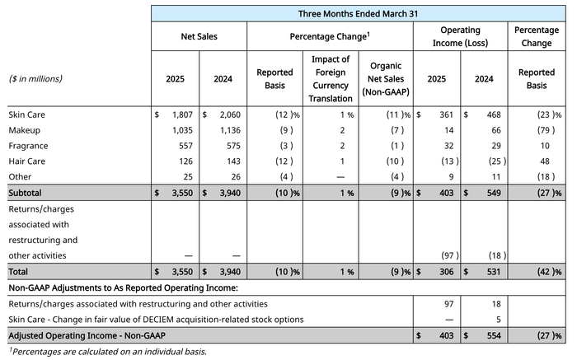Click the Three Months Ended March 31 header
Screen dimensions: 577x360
tap(358, 14)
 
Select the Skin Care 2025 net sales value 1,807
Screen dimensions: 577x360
tap(182, 115)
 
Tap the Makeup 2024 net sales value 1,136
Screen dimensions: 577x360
tap(230, 130)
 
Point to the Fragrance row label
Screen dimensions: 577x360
tap(28, 146)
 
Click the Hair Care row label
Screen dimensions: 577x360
tap(27, 161)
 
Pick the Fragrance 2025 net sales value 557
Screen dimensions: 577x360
tap(185, 146)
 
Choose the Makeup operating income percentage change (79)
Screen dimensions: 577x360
tap(546, 130)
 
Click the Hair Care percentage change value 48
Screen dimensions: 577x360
tap(545, 161)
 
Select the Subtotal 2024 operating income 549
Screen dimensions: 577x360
tap(494, 193)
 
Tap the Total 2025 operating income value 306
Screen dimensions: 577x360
tap(447, 272)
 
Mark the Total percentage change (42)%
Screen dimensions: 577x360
tap(549, 272)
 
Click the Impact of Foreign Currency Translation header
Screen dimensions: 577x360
tap(331, 79)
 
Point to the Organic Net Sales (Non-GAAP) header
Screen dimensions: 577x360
tap(386, 79)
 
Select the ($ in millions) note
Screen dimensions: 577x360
tap(35, 79)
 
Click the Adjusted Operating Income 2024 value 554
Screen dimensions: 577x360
tap(494, 336)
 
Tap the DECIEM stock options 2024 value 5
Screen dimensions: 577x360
tap(498, 320)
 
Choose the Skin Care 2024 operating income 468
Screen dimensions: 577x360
tap(494, 115)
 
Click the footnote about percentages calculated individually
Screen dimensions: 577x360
tap(107, 352)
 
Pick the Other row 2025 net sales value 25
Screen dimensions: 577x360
tap(188, 177)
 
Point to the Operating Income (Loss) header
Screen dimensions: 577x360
tap(460, 36)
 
